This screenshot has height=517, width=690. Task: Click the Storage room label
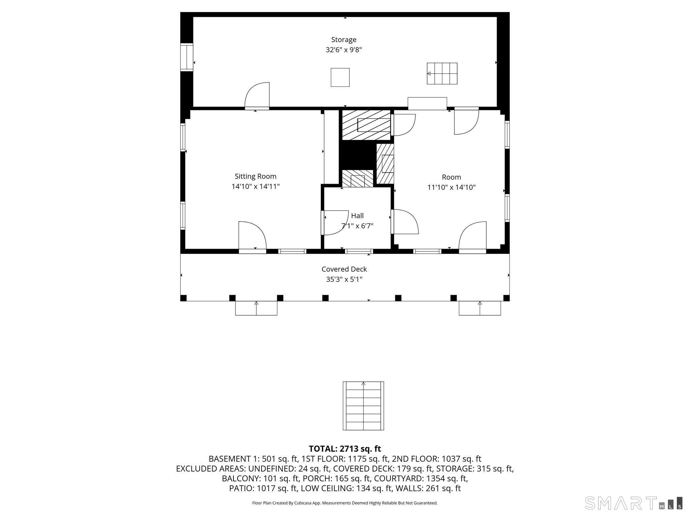tap(343, 40)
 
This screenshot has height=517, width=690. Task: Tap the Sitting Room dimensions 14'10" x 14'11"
tap(255, 186)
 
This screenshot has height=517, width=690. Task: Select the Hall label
tap(357, 216)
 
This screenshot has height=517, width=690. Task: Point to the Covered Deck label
tap(344, 269)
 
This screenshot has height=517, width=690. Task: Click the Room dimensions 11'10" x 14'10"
tap(451, 187)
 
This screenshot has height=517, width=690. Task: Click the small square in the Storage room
tap(340, 77)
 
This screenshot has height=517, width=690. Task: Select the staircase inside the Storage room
tap(442, 73)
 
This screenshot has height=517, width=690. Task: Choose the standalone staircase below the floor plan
tap(363, 406)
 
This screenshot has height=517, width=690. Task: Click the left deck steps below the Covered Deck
tap(256, 308)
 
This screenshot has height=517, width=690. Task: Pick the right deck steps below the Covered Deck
tap(479, 308)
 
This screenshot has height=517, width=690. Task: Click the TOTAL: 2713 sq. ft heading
tap(345, 449)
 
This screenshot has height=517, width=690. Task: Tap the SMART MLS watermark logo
tap(633, 503)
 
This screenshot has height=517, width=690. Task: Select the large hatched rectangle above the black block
tap(366, 125)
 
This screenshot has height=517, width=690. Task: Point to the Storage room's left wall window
tap(186, 57)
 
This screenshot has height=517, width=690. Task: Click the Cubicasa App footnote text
tap(345, 503)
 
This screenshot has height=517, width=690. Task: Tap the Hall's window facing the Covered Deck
tap(359, 251)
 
